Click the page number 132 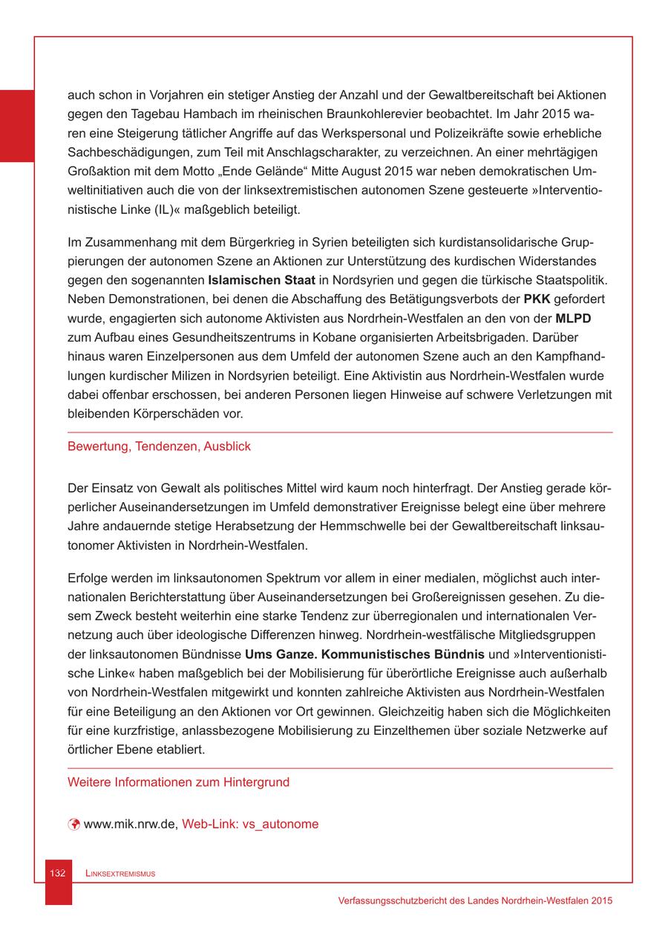[x=59, y=873]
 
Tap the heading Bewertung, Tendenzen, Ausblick [x=159, y=447]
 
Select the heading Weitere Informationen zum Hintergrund [x=178, y=782]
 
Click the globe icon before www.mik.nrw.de [x=73, y=824]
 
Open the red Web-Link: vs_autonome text [x=250, y=824]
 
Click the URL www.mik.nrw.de [x=129, y=824]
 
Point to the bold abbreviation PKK [x=537, y=299]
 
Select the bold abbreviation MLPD [x=572, y=318]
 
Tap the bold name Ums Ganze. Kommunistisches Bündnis [x=364, y=655]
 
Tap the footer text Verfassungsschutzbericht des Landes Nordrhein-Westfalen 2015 [x=474, y=900]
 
